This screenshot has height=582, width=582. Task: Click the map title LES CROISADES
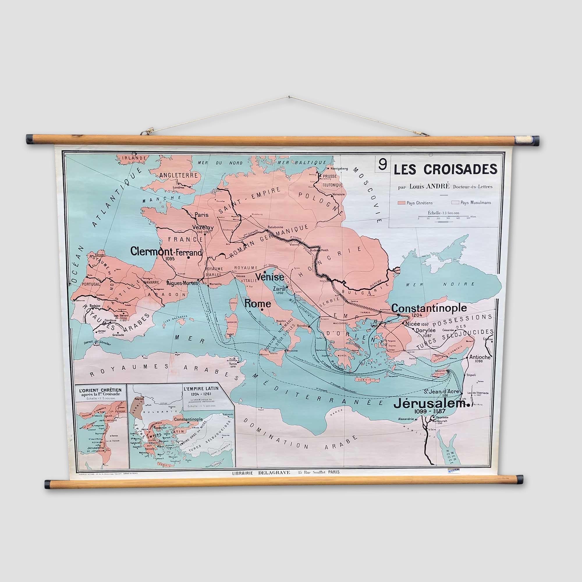click(446, 170)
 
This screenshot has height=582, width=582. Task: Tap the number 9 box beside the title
click(382, 165)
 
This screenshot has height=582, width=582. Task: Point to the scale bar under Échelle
click(443, 217)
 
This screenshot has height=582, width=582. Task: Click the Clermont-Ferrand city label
click(166, 251)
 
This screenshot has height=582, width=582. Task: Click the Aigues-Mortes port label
click(182, 283)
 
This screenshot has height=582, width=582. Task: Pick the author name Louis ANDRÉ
click(429, 187)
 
